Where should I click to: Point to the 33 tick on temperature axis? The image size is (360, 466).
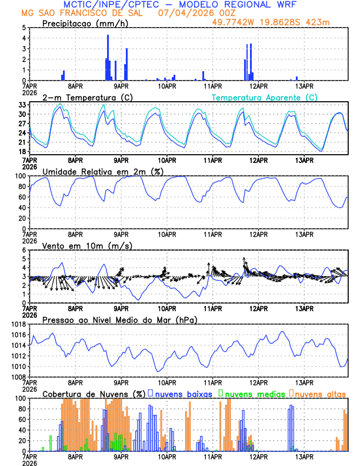(23, 105)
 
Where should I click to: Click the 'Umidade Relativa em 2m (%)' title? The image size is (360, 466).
(102, 171)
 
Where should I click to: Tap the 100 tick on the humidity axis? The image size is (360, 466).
(21, 176)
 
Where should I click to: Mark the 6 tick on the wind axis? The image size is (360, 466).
(24, 250)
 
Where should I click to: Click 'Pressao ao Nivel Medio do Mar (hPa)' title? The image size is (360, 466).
(119, 319)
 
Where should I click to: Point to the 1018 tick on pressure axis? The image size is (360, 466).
(18, 324)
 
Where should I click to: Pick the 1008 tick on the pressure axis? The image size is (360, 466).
(18, 377)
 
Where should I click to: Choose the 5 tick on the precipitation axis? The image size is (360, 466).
(24, 28)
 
